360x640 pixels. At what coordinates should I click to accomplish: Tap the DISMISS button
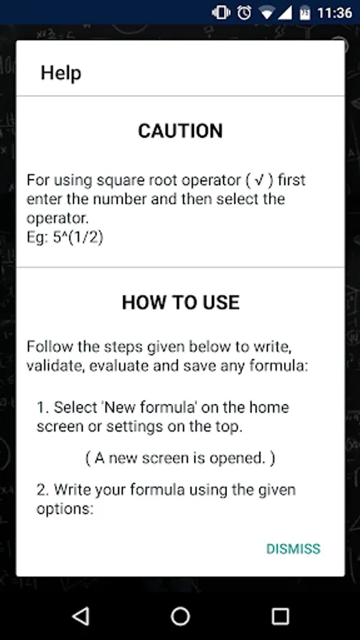293,549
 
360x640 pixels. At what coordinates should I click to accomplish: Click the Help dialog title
60,73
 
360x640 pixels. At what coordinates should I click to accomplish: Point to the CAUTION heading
181,131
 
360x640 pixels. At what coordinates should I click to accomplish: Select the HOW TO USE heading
181,302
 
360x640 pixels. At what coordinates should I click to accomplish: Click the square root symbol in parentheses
258,180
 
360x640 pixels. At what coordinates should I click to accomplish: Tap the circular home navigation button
180,616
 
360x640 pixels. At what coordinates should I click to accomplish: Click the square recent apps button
280,616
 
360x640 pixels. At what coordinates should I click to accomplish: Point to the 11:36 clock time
334,13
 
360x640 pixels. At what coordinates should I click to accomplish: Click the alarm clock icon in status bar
245,13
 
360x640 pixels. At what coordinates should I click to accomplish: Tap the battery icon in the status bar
305,13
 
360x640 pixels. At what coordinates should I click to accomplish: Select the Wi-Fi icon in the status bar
268,13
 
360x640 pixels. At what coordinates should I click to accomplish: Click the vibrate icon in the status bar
221,13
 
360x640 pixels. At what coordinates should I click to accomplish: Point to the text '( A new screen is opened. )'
180,459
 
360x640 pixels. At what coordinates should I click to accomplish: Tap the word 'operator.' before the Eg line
58,219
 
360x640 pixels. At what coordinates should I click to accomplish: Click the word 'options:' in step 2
65,509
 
